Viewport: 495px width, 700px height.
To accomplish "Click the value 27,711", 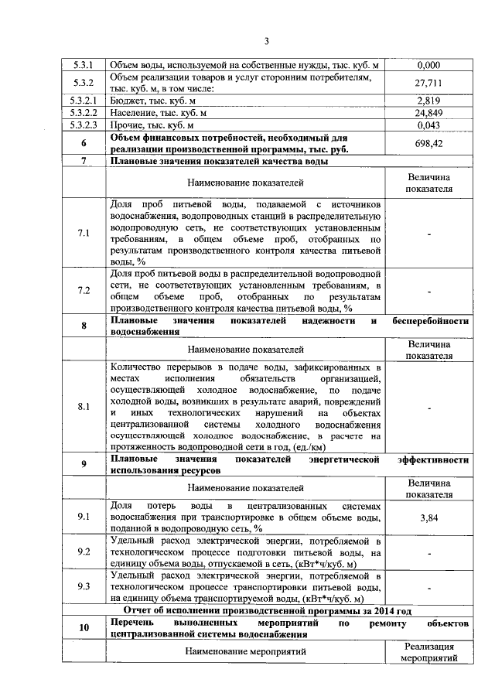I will point(428,82).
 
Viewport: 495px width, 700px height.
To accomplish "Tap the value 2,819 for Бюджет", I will point(428,100).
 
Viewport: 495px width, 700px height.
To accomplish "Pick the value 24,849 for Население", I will point(428,112).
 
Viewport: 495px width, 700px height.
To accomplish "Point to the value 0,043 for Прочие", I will point(428,125).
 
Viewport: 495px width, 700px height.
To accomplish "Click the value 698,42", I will point(428,143).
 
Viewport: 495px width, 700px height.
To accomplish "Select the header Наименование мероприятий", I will point(245,652).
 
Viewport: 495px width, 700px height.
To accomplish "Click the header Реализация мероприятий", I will point(428,652).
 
